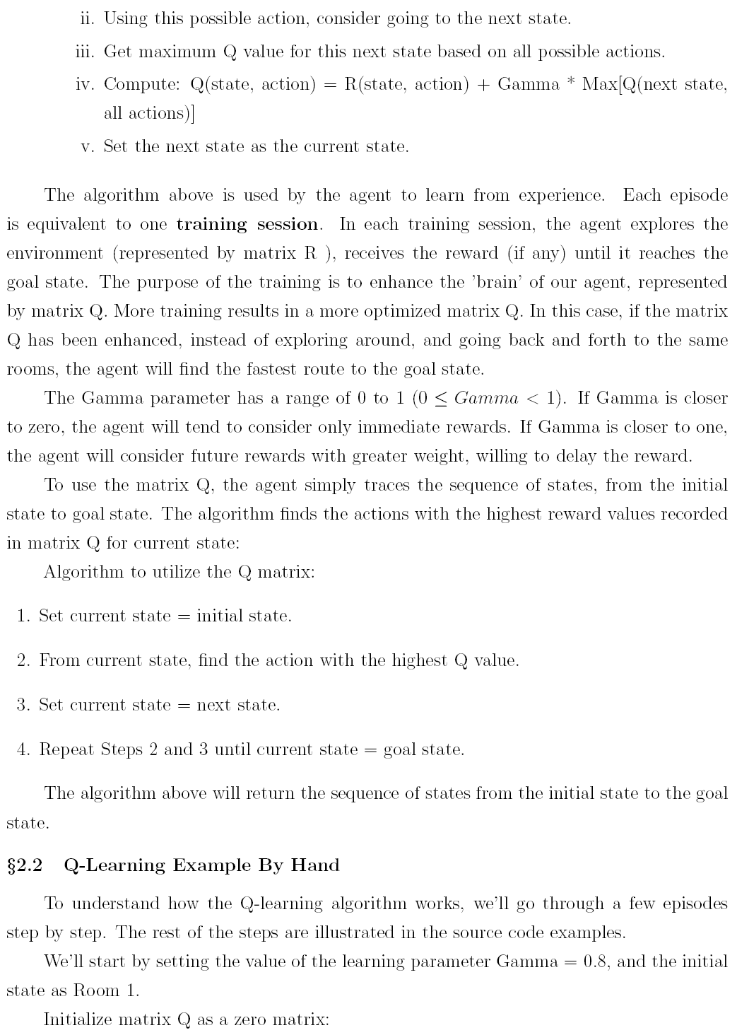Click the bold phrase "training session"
click(247, 225)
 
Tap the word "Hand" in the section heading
click(315, 865)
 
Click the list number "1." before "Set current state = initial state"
click(23, 616)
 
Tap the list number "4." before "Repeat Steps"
click(23, 749)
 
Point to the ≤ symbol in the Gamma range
click(442, 399)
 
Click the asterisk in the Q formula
click(571, 83)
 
